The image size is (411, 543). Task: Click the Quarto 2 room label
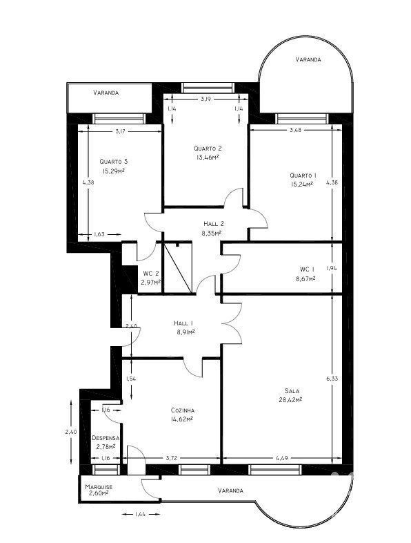tap(208, 149)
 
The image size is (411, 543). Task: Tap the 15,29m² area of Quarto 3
tap(113, 171)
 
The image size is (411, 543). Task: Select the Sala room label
tap(292, 391)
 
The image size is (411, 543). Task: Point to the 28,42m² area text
tap(290, 399)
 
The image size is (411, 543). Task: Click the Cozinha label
tap(183, 410)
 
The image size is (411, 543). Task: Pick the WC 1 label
tap(308, 269)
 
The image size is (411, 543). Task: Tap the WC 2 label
tap(151, 274)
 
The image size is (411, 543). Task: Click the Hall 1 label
tap(183, 323)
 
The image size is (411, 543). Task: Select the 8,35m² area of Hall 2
tap(212, 233)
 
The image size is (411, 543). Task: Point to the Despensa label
tap(106, 438)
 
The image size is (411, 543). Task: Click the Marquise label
tap(99, 487)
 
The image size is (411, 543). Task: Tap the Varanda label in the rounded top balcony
tap(308, 59)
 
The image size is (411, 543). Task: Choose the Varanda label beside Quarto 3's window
tap(106, 93)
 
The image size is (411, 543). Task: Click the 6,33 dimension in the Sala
tap(332, 379)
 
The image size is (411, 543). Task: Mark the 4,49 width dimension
tap(282, 458)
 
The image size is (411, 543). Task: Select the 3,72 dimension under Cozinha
tap(172, 458)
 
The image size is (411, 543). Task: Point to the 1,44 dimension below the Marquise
tap(140, 514)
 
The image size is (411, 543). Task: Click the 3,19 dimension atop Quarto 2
tap(205, 99)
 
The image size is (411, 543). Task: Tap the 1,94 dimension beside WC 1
tap(332, 268)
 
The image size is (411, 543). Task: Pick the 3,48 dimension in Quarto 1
tap(295, 130)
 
